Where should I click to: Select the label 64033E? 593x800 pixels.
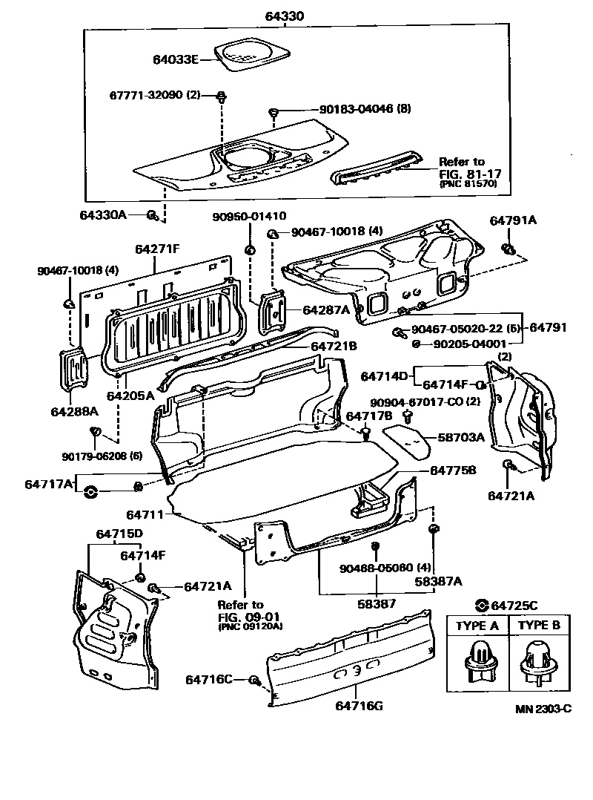[176, 59]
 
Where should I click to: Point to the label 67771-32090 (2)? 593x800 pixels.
[155, 96]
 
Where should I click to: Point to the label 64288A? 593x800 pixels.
[73, 411]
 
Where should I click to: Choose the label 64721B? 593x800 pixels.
[334, 346]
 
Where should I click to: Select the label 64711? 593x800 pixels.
[145, 514]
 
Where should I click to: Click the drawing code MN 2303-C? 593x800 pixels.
[543, 708]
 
